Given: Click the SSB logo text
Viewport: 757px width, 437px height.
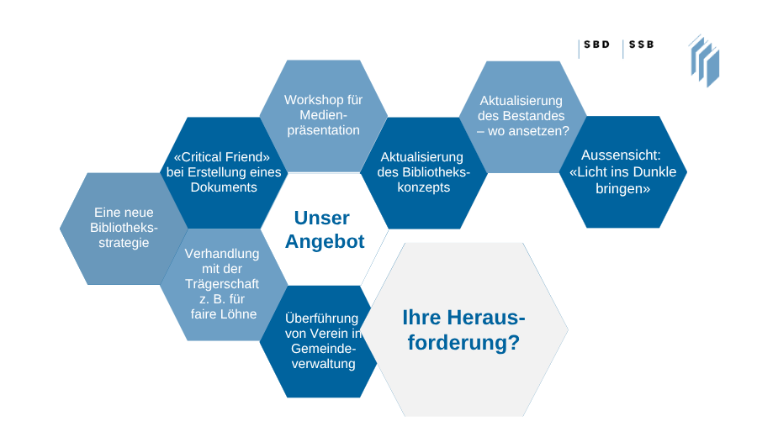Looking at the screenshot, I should (x=641, y=45).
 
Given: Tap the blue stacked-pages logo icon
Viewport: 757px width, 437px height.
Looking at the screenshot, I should (x=704, y=60).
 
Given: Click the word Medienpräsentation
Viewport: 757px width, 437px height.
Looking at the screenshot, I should (x=323, y=123).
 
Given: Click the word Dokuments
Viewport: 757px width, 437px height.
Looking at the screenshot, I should (x=223, y=187).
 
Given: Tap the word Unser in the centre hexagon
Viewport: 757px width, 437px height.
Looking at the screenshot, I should (x=321, y=218).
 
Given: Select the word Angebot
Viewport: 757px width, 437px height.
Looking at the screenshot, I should (x=325, y=242).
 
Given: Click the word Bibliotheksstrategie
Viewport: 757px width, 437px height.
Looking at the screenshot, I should (x=124, y=235).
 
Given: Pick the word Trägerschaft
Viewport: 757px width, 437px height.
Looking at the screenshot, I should (x=222, y=284).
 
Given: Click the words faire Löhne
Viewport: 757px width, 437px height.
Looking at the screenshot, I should (x=223, y=314).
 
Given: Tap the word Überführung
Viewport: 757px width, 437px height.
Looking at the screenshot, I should (x=322, y=319).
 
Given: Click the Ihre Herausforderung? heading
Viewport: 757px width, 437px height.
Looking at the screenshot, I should (x=463, y=330).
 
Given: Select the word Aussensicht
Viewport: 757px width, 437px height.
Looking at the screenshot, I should (x=622, y=156).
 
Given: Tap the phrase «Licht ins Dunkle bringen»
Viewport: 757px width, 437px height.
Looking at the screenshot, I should (x=622, y=181).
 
